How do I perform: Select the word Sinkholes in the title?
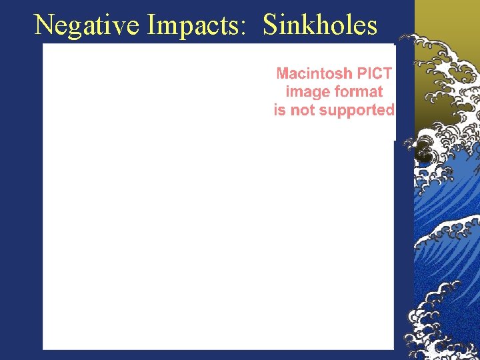pyautogui.click(x=320, y=25)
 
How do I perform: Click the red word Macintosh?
pyautogui.click(x=314, y=73)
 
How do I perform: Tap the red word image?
pyautogui.click(x=306, y=92)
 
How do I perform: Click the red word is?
pyautogui.click(x=279, y=110)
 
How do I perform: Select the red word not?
pyautogui.click(x=303, y=110)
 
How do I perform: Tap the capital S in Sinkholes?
pyautogui.click(x=271, y=25)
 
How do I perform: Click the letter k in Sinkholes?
pyautogui.click(x=307, y=25)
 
